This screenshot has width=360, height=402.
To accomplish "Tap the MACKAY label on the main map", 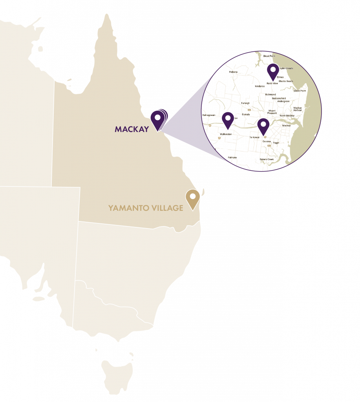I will pos(132,129).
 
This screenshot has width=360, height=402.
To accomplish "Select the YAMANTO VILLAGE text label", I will pos(146,208).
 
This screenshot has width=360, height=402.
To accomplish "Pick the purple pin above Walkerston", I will pos(228,119).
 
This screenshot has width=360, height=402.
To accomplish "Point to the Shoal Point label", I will pos(269,56).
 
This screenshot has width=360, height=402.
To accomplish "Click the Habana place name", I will pos(233,72).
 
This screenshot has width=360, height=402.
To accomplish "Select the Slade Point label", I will pos(300,91).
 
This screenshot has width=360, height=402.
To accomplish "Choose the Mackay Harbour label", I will pos(298,109).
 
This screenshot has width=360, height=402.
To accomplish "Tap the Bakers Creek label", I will pos(267,159).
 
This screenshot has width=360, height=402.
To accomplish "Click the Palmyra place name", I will pos(232,157).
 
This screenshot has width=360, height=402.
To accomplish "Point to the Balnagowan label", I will pos(209,115).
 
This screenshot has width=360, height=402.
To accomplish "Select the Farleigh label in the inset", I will pos(245,103).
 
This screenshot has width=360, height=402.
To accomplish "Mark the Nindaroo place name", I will pos(259,86).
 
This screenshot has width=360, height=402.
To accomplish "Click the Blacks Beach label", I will pos(286,81).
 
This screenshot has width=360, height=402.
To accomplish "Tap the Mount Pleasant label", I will pos(272,112).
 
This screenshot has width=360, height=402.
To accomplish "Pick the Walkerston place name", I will pos(226,134).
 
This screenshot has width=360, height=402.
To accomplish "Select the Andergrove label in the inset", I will pos(283,101).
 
